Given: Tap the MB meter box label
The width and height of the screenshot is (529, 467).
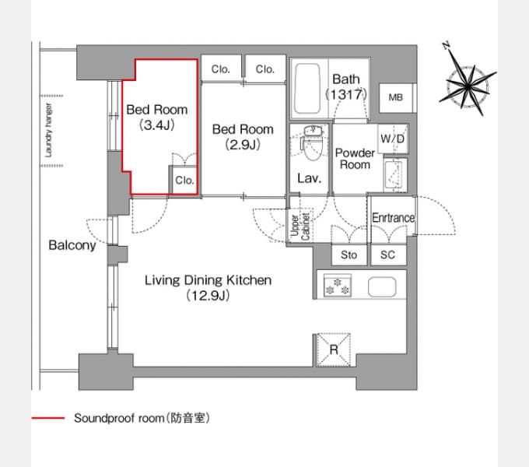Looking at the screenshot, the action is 395,97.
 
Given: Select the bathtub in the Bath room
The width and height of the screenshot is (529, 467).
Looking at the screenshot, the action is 307,89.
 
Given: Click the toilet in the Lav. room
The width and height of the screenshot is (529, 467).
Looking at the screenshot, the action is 312,143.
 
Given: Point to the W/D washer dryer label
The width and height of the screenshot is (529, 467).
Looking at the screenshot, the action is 392,139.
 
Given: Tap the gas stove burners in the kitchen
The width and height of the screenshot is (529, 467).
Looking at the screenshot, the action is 338,286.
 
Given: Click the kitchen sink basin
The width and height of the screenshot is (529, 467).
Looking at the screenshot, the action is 382,286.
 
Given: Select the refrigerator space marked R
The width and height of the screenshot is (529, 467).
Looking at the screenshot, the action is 334,349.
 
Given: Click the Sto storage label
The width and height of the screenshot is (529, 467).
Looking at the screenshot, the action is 349,255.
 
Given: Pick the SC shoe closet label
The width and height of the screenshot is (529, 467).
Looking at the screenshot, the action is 387,255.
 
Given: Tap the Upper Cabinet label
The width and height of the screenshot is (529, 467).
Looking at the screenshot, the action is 300,226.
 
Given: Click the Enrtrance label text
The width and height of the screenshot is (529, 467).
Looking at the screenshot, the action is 394,218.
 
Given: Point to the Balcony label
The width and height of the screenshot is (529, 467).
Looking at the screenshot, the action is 72,245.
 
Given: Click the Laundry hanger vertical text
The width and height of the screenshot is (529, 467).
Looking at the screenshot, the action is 48,130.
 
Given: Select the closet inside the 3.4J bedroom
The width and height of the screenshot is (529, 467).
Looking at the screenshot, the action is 184,181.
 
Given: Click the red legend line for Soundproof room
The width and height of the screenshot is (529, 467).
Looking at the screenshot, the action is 48,418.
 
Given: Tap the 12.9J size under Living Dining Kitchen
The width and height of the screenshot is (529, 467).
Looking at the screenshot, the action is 208,296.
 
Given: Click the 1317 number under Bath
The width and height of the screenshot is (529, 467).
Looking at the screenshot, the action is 346,94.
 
